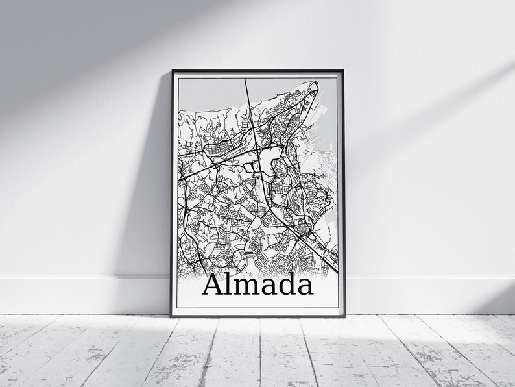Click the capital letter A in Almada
215,285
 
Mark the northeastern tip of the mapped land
317,82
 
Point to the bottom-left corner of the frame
173,316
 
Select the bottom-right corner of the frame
344,316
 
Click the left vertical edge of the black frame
173,195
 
